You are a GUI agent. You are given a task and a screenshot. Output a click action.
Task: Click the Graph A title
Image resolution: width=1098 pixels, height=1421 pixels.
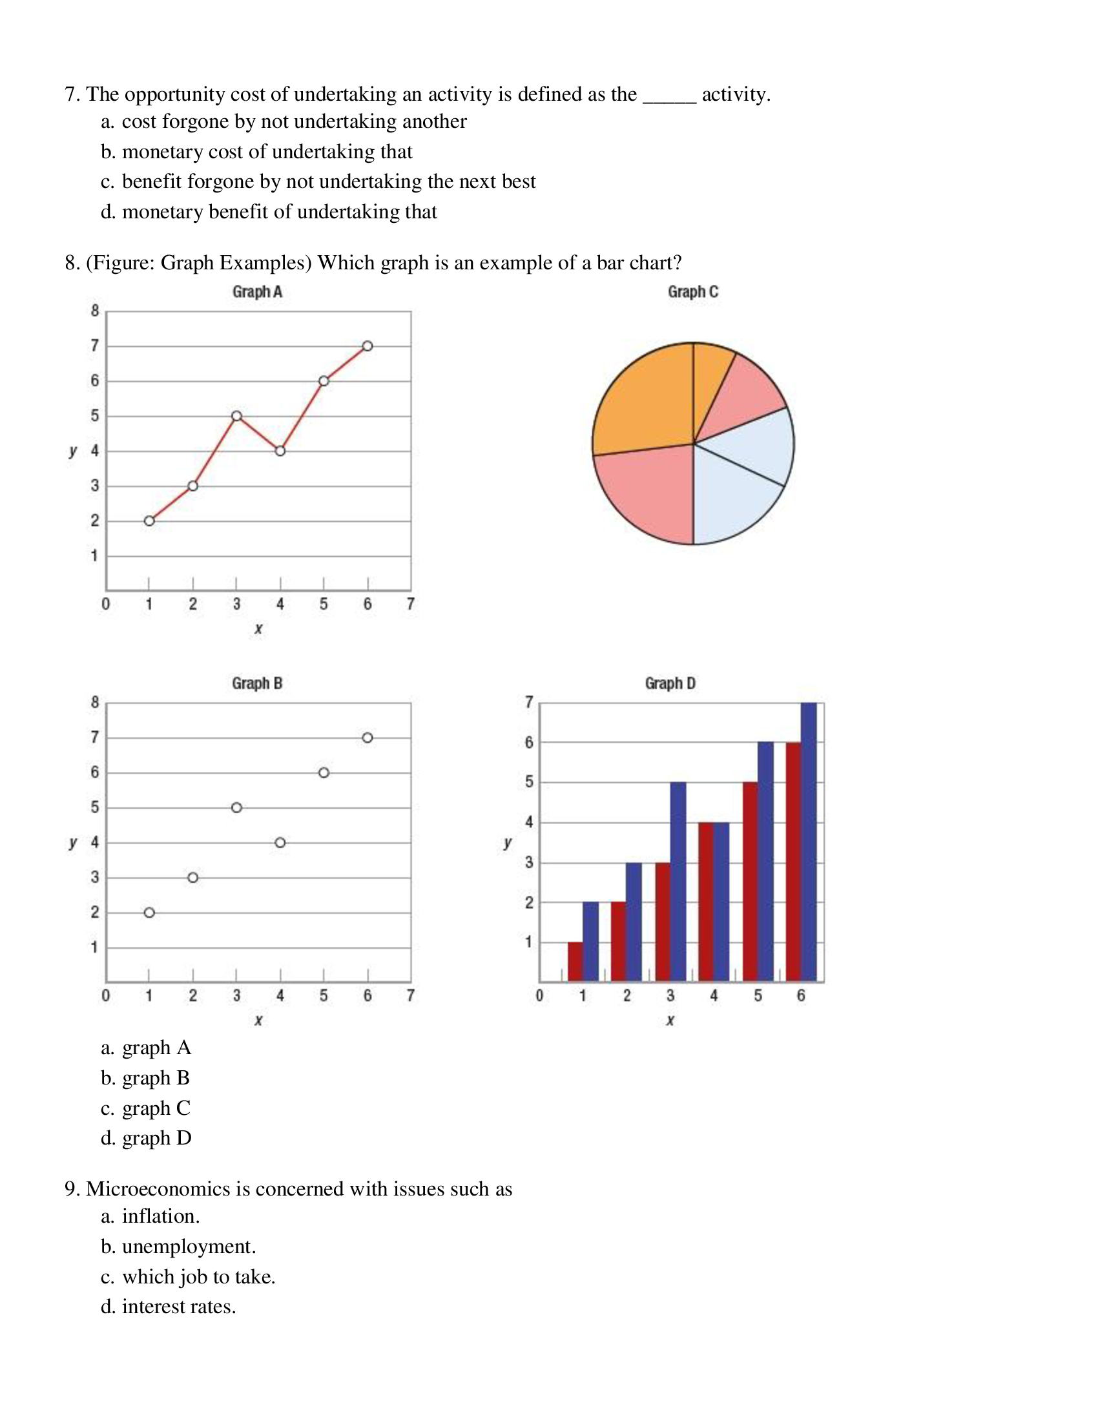(x=257, y=292)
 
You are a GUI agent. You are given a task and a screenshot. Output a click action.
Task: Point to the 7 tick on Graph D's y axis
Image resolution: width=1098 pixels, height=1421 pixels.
(x=529, y=702)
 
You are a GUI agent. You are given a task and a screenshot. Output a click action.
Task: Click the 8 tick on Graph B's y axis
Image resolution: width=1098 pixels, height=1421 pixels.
(x=95, y=702)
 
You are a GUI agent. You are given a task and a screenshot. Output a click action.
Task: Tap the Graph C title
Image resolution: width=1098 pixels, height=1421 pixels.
(x=693, y=292)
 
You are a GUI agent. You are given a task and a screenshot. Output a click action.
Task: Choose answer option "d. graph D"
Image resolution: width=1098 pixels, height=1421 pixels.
(x=147, y=1137)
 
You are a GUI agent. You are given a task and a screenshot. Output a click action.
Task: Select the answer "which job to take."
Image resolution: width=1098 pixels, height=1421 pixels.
(x=198, y=1276)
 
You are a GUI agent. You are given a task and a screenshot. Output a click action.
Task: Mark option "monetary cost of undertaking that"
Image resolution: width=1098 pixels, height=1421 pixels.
(x=267, y=152)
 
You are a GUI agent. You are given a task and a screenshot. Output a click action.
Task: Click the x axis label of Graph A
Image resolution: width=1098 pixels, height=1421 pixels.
(x=258, y=628)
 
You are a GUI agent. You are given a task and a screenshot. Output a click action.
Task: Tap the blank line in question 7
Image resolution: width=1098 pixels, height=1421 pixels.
(x=669, y=98)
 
